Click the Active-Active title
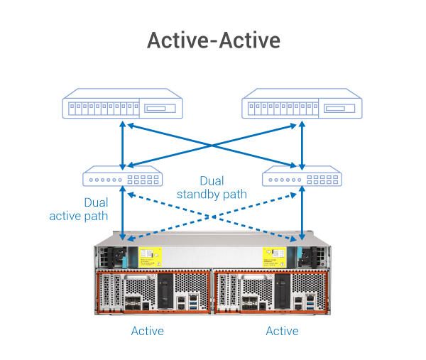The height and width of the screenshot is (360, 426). click(x=213, y=40)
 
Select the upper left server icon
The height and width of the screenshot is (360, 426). click(x=123, y=104)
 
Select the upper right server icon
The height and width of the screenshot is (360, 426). click(x=303, y=104)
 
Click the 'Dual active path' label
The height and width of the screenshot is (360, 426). click(x=79, y=209)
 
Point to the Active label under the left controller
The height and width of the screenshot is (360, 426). click(x=148, y=331)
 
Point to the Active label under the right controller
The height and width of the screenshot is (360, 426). click(x=282, y=331)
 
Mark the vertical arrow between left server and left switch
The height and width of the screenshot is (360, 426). click(x=124, y=142)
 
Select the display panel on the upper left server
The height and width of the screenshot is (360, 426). click(x=161, y=109)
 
